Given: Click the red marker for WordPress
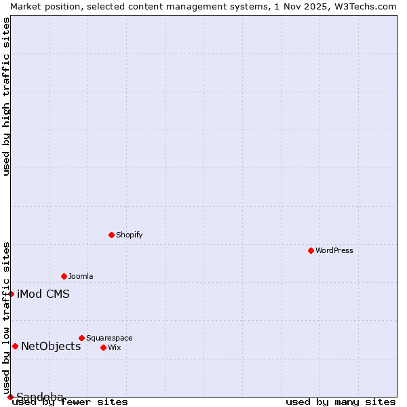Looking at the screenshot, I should pyautogui.click(x=311, y=250).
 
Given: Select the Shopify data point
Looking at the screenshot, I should pyautogui.click(x=112, y=235).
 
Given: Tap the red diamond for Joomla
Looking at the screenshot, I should pyautogui.click(x=64, y=276).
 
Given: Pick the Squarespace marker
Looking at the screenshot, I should pyautogui.click(x=81, y=338).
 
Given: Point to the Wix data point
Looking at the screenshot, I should pyautogui.click(x=103, y=347).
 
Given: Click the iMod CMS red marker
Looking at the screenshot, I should pyautogui.click(x=12, y=294).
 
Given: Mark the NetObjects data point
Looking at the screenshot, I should pyautogui.click(x=15, y=346).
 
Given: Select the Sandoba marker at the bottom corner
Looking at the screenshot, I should pyautogui.click(x=10, y=397).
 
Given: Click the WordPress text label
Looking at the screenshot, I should pyautogui.click(x=334, y=250).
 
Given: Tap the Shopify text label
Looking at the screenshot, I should pyautogui.click(x=130, y=235).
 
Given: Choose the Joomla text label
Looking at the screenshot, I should pyautogui.click(x=81, y=276).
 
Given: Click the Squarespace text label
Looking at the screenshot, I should pyautogui.click(x=109, y=338).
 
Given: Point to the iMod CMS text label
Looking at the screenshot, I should pyautogui.click(x=43, y=294).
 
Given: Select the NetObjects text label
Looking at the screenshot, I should pyautogui.click(x=51, y=346).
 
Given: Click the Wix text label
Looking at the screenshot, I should pyautogui.click(x=114, y=347).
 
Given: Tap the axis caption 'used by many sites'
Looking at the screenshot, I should pyautogui.click(x=341, y=402).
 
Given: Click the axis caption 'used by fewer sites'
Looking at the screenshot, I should pyautogui.click(x=70, y=402).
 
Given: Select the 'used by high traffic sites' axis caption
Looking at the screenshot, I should pyautogui.click(x=7, y=96).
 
